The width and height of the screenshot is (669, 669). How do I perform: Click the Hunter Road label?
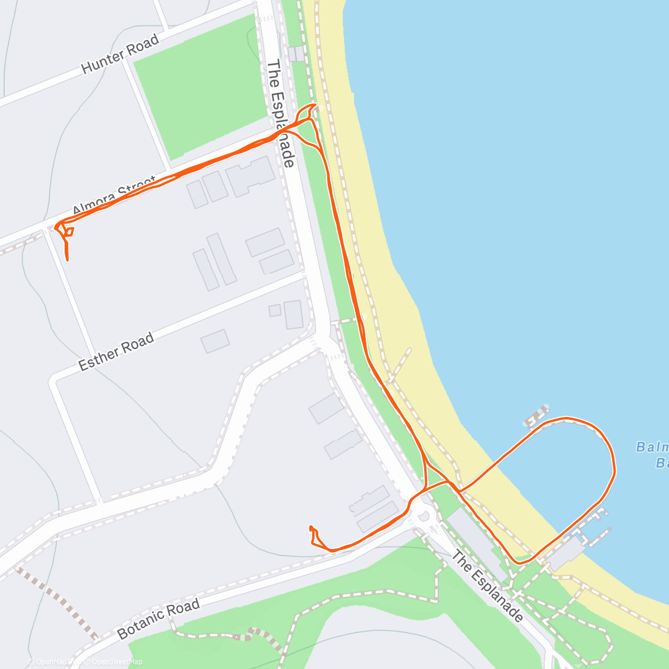pyautogui.click(x=120, y=54)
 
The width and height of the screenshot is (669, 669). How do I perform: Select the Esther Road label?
pyautogui.click(x=116, y=352)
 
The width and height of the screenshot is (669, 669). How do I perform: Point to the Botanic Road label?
pyautogui.click(x=158, y=619)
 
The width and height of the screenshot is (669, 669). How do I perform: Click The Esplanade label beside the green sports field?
pyautogui.click(x=280, y=114)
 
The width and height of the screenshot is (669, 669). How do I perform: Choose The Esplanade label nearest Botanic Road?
pyautogui.click(x=487, y=586)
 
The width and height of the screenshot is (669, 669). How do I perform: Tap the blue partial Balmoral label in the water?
pyautogui.click(x=652, y=454)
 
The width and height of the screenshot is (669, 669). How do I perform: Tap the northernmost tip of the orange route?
pyautogui.click(x=314, y=104)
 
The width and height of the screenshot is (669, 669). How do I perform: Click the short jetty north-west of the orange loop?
pyautogui.click(x=537, y=415)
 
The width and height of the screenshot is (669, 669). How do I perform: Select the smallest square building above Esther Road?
pyautogui.click(x=274, y=311)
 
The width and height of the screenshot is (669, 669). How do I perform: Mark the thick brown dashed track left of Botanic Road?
pyautogui.click(x=59, y=602)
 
